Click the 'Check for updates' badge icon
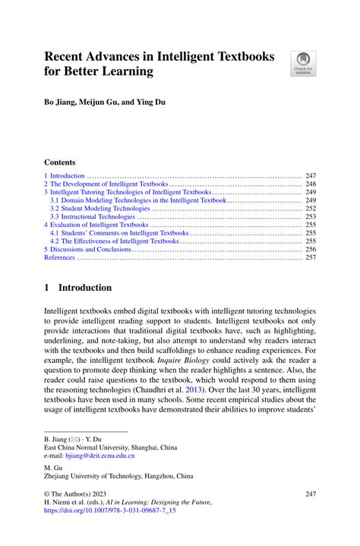click(304, 63)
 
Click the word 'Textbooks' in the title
click(245, 55)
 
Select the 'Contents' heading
click(59, 162)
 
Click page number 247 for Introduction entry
click(310, 175)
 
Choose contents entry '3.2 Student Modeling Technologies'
click(100, 208)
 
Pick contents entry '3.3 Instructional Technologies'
click(93, 216)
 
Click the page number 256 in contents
click(310, 249)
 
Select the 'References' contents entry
click(59, 257)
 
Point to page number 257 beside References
click(310, 257)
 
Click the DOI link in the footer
click(110, 511)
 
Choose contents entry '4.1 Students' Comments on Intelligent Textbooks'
click(119, 233)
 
